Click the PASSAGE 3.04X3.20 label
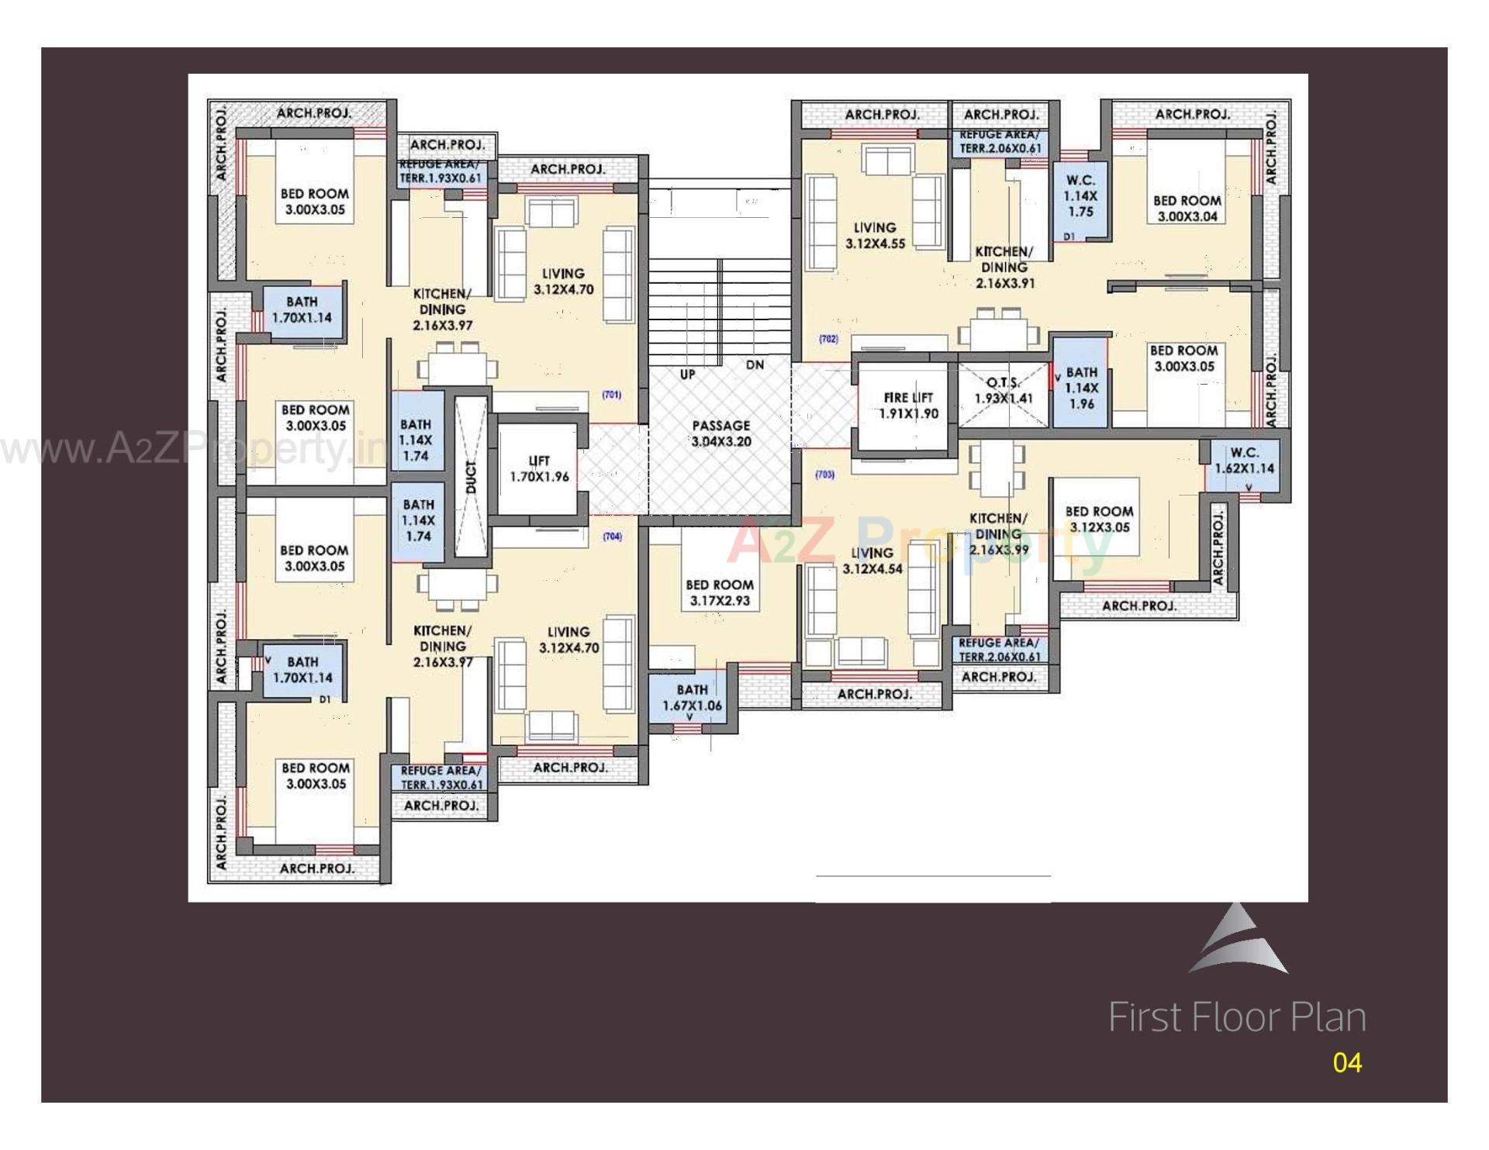(720, 433)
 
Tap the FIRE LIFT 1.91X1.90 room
(907, 406)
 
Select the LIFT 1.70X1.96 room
(539, 469)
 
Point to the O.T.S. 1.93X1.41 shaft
(1004, 391)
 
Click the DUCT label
(472, 476)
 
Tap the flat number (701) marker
(611, 395)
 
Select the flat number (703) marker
(824, 474)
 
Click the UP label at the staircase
(687, 375)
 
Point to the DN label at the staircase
(755, 365)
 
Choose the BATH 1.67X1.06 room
(692, 698)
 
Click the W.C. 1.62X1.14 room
(1244, 461)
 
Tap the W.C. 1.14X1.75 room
(1080, 195)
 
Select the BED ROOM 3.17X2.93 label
(720, 592)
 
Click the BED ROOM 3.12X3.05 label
(1099, 520)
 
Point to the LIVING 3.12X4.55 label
(875, 236)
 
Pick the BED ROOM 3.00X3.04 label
(1187, 209)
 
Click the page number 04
(1347, 1062)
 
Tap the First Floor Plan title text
(1236, 1017)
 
